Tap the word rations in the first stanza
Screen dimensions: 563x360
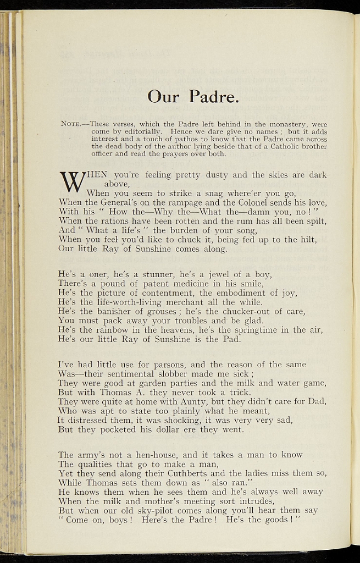point(113,221)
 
